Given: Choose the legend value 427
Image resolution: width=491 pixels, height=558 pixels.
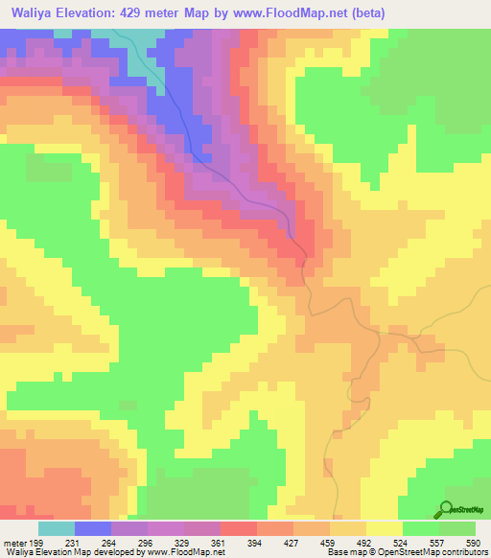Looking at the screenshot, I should click(292, 542).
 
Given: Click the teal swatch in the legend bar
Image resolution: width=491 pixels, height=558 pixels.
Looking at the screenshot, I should click(56, 528).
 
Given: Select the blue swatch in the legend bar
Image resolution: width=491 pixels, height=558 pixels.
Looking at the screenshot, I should click(92, 528).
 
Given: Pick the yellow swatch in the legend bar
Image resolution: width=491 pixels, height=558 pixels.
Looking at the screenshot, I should click(384, 528).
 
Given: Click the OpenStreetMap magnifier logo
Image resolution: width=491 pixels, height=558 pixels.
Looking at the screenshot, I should click(445, 510).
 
